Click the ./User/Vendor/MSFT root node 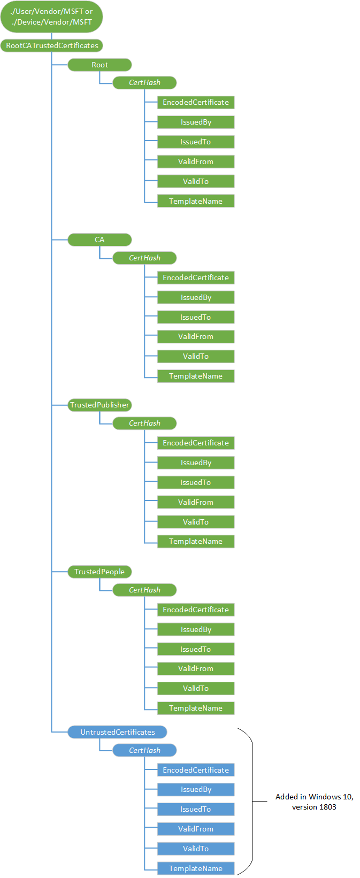(x=51, y=17)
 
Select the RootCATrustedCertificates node (x=52, y=45)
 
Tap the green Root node (x=99, y=65)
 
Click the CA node (x=99, y=240)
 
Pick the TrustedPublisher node (x=99, y=405)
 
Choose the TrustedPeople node (x=99, y=572)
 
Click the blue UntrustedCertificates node (x=118, y=732)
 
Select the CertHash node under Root (x=144, y=82)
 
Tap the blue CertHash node (x=144, y=750)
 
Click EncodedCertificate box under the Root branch (x=196, y=102)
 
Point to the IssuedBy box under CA (x=196, y=297)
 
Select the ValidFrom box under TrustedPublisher (x=196, y=502)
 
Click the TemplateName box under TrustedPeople (x=196, y=708)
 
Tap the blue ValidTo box (x=196, y=849)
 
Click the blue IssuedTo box (x=196, y=809)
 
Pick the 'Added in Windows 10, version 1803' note (x=314, y=802)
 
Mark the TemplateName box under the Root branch (x=196, y=201)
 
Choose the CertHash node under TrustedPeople (x=144, y=590)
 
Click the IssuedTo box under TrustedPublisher (x=196, y=482)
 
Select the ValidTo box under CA (x=196, y=356)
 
